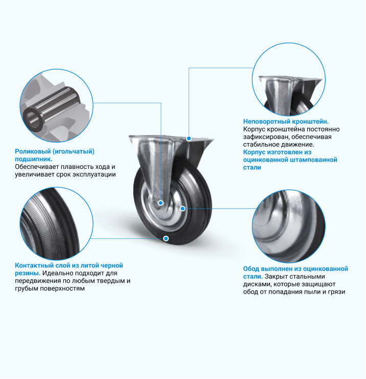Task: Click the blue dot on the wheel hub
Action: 161,203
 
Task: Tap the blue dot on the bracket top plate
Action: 189,139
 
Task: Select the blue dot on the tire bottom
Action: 166,238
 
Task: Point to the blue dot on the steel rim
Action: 182,208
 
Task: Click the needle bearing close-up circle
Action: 57,106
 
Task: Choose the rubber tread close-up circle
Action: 57,224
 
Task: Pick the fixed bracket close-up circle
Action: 289,79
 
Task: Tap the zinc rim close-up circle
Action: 289,226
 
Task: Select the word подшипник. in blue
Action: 34,159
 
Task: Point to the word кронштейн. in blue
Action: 310,122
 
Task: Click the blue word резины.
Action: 28,273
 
